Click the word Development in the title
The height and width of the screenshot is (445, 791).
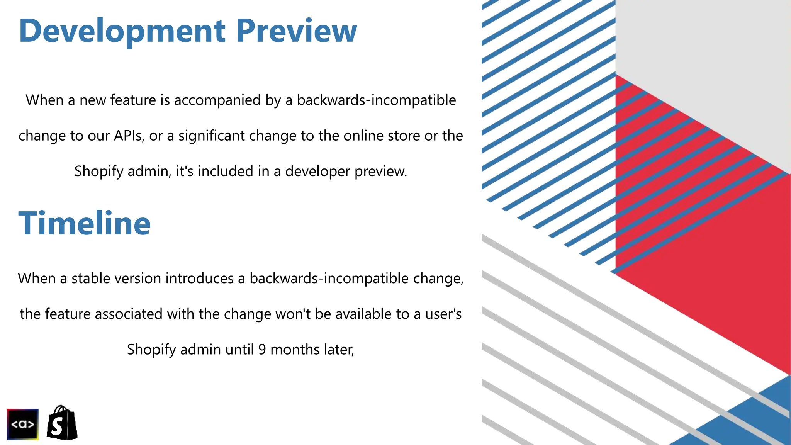[x=122, y=31]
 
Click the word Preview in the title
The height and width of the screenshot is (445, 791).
[x=296, y=31]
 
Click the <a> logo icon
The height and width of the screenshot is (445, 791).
[x=23, y=424]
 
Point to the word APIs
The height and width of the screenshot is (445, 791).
[x=129, y=136]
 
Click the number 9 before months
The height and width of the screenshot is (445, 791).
[x=262, y=349]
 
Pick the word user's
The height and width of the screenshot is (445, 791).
[x=443, y=314]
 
